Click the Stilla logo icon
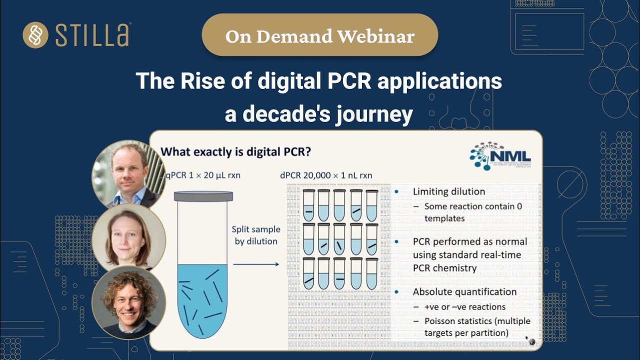35,35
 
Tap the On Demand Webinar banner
319,36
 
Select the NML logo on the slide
499,155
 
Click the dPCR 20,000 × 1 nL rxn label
326,175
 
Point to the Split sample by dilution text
255,235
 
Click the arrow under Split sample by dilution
255,263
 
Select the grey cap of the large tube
203,196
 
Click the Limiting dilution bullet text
448,191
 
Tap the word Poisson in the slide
440,321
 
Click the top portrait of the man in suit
128,174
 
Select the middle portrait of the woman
128,237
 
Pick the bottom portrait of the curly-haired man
128,302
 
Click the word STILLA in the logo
92,35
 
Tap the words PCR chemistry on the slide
444,267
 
